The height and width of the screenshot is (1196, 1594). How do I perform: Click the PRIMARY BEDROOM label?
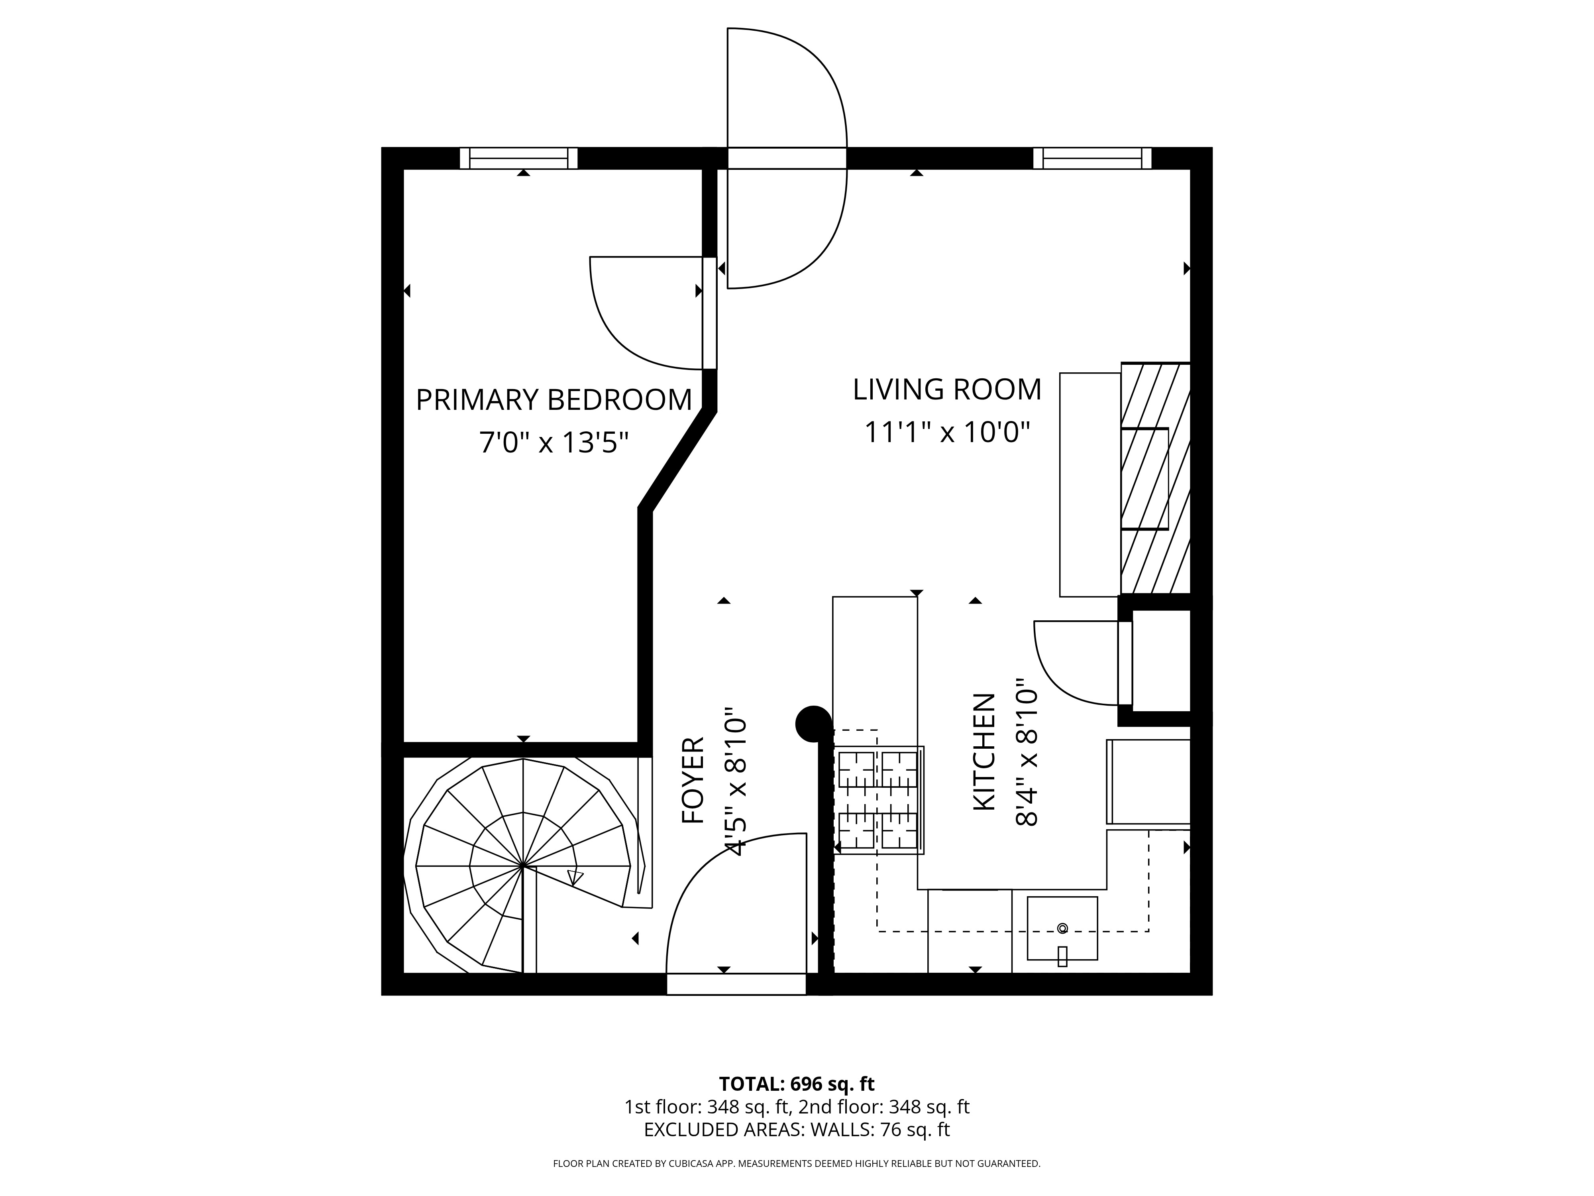(x=554, y=399)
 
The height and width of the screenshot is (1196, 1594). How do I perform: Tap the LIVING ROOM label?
(x=947, y=389)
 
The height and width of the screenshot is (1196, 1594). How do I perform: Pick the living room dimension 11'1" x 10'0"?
(x=947, y=433)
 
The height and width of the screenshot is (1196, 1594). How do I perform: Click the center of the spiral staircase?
(x=522, y=865)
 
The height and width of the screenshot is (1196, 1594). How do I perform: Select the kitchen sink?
(x=1062, y=928)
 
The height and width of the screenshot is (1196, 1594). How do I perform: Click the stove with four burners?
(x=878, y=800)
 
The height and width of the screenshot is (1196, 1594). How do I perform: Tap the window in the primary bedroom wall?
(x=519, y=158)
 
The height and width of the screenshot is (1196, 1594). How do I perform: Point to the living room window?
(x=1092, y=158)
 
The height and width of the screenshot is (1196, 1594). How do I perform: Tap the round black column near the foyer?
(x=814, y=723)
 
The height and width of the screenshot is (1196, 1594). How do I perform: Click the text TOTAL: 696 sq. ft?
(x=797, y=1104)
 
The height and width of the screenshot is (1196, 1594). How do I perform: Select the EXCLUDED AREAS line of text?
(x=797, y=1150)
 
